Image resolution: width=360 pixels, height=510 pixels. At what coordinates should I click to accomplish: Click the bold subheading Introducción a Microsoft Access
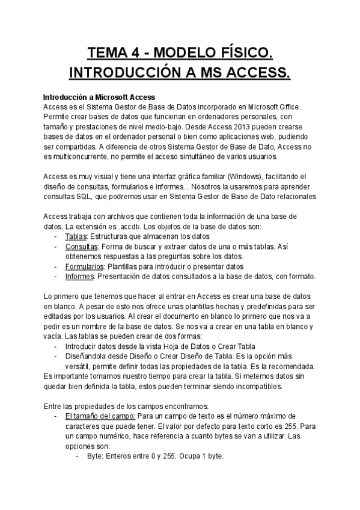99,97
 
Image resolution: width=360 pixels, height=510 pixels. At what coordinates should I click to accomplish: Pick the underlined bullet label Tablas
76,237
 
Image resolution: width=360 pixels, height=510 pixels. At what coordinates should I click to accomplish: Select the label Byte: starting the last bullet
95,456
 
